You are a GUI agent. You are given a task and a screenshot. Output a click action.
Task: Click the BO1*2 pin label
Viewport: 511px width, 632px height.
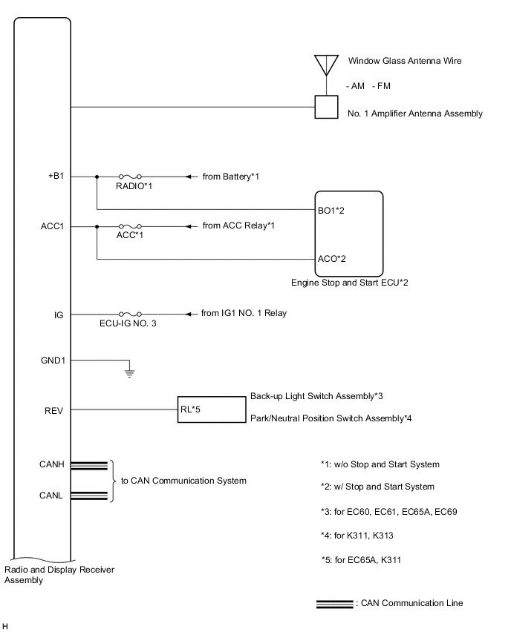[332, 211]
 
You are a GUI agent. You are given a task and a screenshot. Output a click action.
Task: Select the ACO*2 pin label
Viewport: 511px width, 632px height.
[332, 259]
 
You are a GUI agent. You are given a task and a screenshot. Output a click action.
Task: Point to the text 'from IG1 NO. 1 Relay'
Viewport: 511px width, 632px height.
[244, 313]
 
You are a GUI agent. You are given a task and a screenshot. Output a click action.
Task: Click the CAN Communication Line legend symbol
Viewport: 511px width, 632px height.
[334, 604]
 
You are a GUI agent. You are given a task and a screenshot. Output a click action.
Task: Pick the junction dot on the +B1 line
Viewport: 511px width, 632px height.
[97, 177]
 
